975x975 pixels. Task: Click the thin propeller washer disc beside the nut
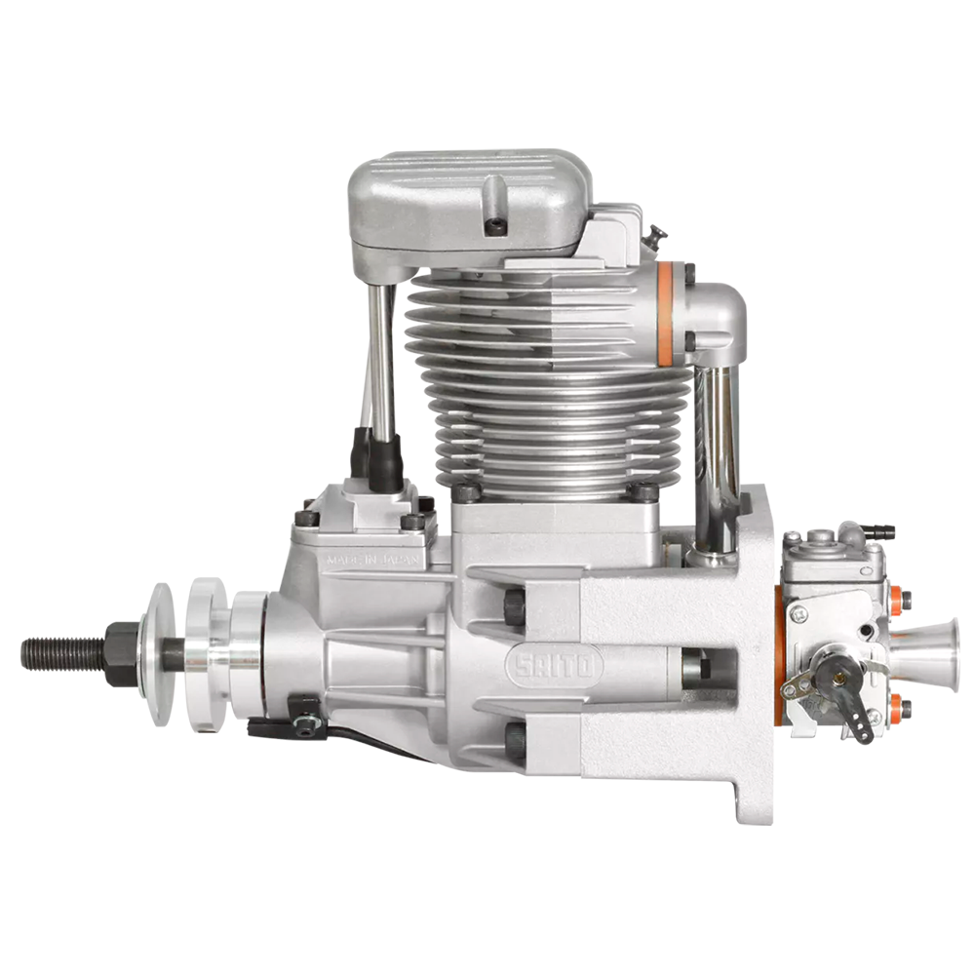click(x=161, y=654)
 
